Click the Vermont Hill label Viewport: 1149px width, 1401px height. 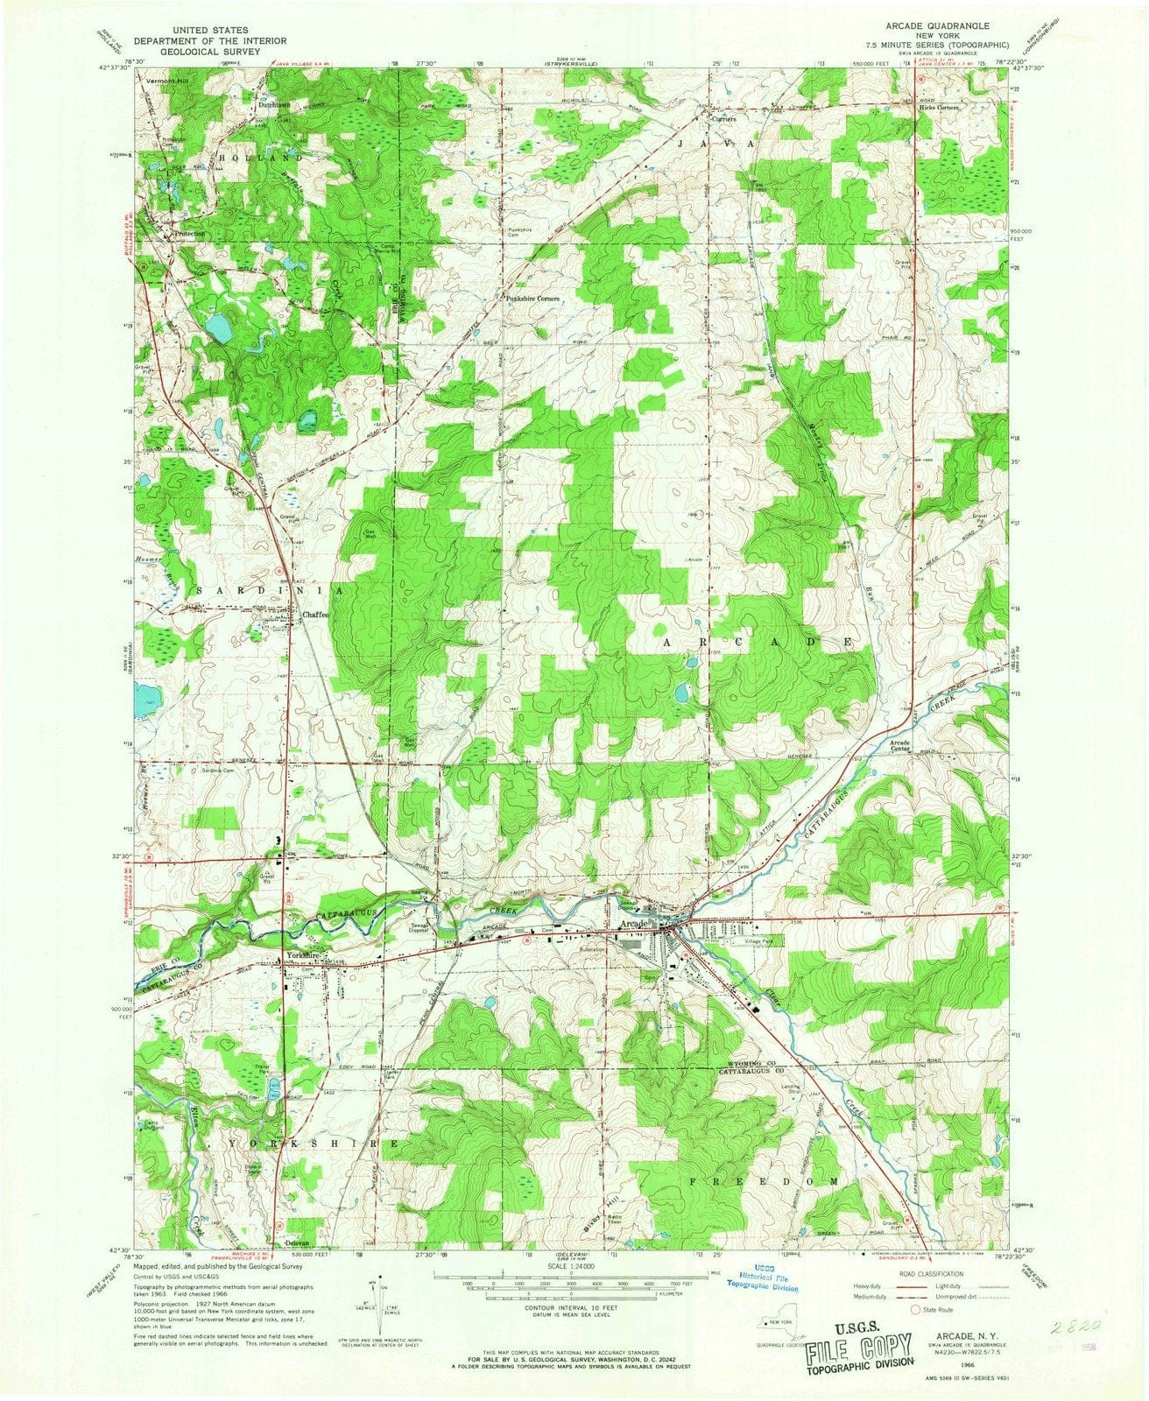(167, 81)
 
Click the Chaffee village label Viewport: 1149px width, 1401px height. (315, 615)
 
